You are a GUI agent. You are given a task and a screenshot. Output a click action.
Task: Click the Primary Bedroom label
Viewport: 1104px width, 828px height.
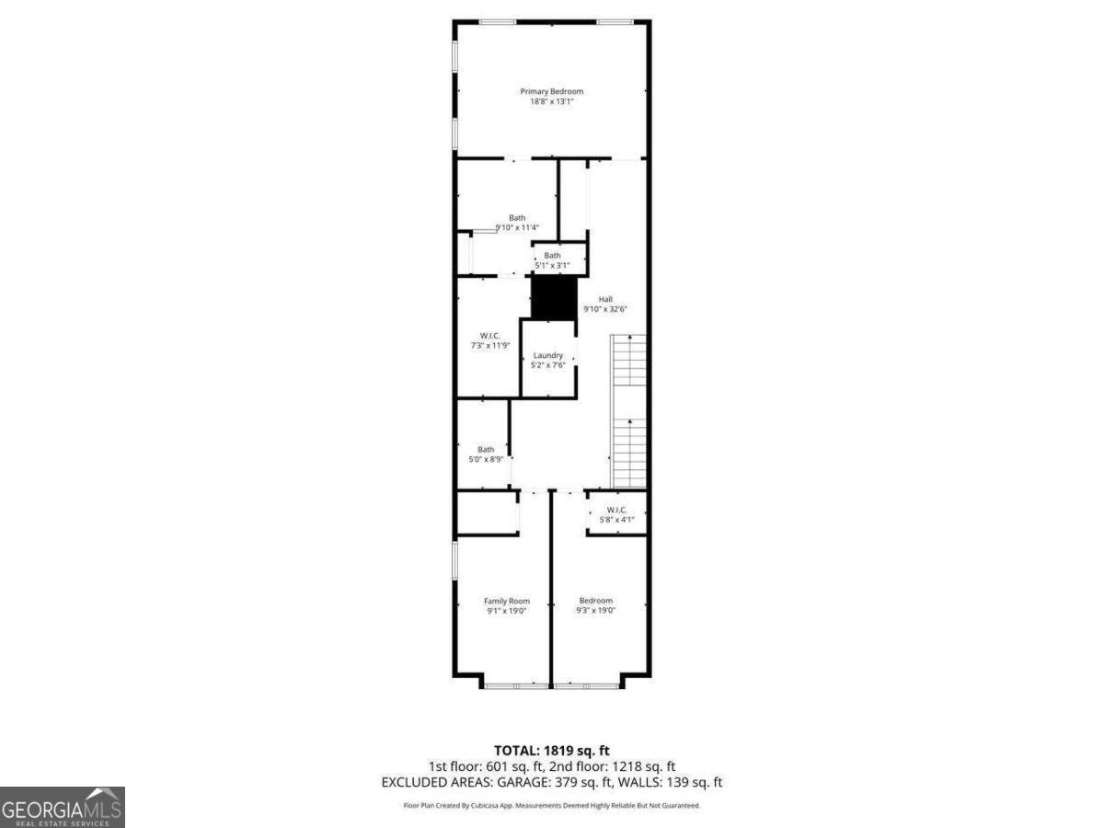pos(551,91)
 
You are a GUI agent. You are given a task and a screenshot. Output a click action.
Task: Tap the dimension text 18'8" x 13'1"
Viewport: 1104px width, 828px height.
pos(551,101)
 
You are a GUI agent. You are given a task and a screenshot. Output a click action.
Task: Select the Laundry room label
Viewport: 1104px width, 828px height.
pos(548,355)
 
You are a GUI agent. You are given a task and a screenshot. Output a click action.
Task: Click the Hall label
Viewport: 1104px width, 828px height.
pos(605,299)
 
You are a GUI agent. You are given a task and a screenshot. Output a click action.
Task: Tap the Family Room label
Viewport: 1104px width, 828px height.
pos(507,601)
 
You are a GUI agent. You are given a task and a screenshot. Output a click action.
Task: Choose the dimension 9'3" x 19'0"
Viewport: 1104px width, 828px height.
pos(595,610)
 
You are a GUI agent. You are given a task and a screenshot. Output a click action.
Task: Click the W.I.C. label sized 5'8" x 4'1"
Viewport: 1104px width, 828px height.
pos(616,510)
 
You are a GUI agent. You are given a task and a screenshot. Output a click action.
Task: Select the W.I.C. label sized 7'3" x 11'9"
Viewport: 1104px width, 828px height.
pos(489,336)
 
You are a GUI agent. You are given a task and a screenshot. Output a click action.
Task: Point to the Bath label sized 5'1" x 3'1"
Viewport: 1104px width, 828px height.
pos(552,256)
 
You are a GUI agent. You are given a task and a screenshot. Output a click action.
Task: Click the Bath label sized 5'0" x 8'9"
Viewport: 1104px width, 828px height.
pos(486,449)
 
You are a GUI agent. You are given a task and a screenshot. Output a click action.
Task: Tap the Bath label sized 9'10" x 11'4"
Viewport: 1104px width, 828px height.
pos(517,218)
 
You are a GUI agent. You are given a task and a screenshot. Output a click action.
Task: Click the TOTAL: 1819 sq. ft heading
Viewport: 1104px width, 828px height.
pos(551,751)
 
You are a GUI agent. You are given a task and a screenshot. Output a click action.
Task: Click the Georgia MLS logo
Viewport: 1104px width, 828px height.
pos(62,807)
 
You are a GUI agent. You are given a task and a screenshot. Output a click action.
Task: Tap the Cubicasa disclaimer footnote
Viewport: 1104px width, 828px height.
pos(552,805)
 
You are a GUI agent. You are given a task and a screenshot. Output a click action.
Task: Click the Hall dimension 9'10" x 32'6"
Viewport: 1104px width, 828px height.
pos(605,309)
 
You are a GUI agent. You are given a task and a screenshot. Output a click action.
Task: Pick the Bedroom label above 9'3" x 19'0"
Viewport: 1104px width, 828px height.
pos(595,601)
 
